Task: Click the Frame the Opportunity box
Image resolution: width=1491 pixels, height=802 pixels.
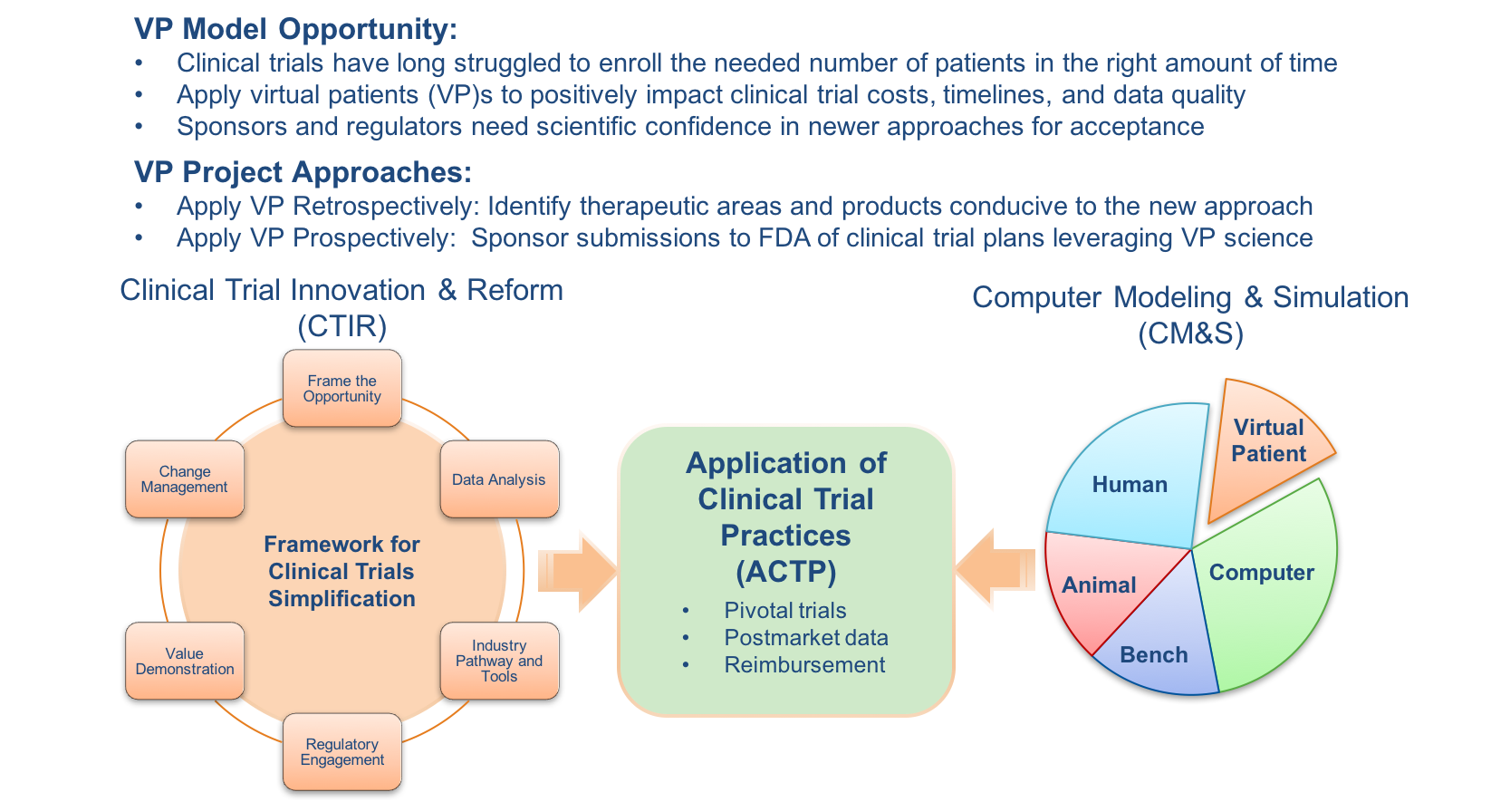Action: [x=342, y=389]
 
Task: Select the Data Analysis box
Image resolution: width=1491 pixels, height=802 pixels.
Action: [x=499, y=479]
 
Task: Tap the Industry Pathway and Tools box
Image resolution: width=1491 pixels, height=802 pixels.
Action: [x=499, y=661]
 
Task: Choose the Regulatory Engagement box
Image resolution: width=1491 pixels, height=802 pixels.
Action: [x=342, y=751]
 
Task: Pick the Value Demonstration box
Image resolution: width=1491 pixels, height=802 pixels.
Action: [x=185, y=661]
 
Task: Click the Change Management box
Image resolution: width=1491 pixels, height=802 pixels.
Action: [x=185, y=479]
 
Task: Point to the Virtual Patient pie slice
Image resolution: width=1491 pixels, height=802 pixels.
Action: [x=1268, y=441]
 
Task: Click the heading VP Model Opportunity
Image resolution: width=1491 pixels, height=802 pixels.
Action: [x=295, y=29]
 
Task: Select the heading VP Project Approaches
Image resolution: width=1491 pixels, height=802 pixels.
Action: [x=303, y=172]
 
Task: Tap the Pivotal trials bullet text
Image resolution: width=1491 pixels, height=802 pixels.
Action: [x=785, y=610]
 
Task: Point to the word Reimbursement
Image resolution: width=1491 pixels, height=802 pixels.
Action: [x=804, y=664]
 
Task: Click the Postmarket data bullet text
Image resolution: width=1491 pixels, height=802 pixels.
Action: [x=806, y=637]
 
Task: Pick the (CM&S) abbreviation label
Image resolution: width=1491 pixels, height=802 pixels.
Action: [x=1190, y=333]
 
